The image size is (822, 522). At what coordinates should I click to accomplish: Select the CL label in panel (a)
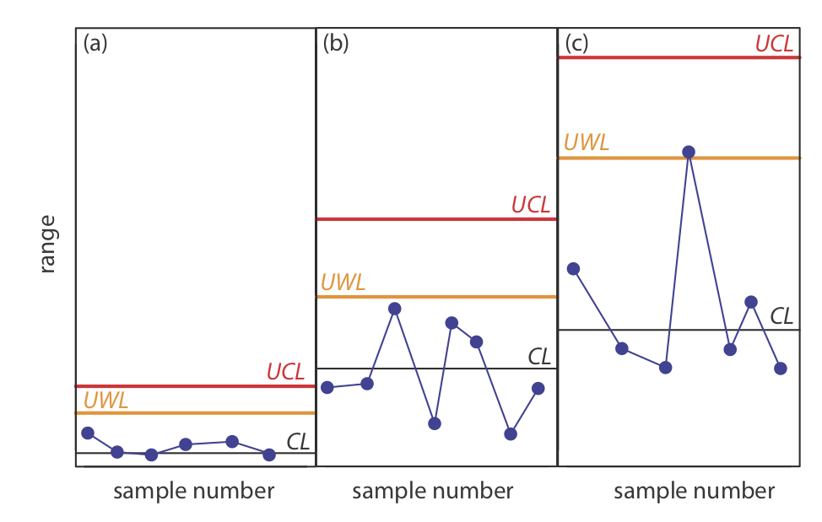click(298, 441)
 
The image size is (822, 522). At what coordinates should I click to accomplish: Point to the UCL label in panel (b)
click(530, 205)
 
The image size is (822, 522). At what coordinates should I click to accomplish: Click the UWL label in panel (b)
click(343, 283)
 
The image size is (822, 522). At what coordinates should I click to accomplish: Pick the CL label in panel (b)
click(539, 356)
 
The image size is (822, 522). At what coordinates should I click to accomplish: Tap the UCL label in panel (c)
click(774, 44)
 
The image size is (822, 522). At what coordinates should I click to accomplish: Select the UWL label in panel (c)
click(586, 143)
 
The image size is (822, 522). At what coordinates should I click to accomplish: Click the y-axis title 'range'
click(47, 244)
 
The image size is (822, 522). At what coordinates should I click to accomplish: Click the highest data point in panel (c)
click(689, 152)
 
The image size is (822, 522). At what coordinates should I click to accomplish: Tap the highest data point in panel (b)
click(394, 309)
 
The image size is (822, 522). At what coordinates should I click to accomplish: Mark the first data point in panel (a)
click(87, 433)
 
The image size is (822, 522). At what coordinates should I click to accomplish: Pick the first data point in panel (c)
click(573, 269)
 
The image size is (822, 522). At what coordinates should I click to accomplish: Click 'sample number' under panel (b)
click(432, 491)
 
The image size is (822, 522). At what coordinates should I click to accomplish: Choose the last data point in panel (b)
click(538, 388)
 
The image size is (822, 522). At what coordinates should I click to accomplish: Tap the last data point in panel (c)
click(781, 369)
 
